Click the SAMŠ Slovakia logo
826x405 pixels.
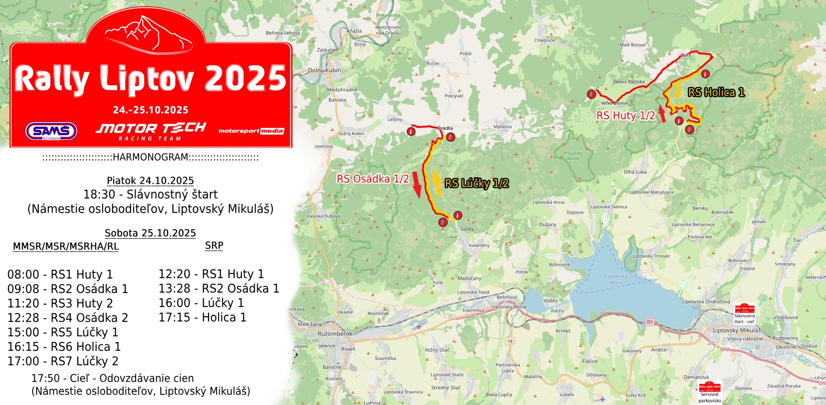51,131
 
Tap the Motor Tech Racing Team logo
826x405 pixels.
151,131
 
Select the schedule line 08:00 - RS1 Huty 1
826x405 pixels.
60,274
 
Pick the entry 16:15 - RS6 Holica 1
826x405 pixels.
64,347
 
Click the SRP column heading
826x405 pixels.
214,246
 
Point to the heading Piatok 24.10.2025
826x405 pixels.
150,181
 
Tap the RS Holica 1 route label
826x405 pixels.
716,92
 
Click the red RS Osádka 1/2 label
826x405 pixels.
372,179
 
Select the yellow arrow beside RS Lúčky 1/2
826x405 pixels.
437,183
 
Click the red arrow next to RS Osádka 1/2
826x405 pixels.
416,184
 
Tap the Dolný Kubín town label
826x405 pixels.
324,70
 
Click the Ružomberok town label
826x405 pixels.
335,334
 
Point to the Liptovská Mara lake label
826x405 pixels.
616,279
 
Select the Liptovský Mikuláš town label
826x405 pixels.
737,331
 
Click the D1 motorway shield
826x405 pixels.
649,322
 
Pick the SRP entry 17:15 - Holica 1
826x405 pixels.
202,318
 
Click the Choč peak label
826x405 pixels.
365,219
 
